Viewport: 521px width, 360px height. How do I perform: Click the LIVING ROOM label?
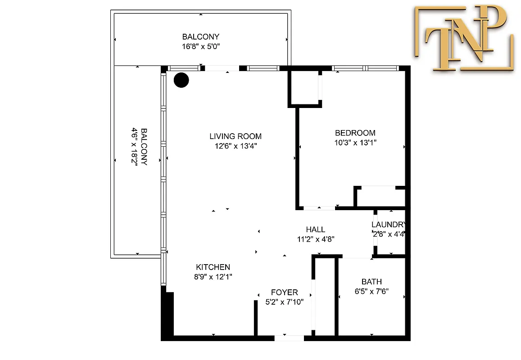pyautogui.click(x=235, y=136)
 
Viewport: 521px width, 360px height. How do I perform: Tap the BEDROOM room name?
pyautogui.click(x=355, y=133)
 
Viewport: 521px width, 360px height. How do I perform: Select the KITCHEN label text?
pyautogui.click(x=213, y=267)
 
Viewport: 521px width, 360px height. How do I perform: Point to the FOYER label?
pyautogui.click(x=284, y=292)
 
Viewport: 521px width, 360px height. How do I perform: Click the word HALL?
pyautogui.click(x=315, y=229)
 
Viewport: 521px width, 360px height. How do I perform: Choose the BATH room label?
pyautogui.click(x=371, y=282)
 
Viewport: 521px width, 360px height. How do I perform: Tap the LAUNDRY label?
pyautogui.click(x=389, y=225)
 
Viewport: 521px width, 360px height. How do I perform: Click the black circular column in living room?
pyautogui.click(x=181, y=80)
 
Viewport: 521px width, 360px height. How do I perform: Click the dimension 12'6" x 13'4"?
pyautogui.click(x=235, y=146)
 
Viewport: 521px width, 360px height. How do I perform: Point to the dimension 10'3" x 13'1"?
pyautogui.click(x=355, y=143)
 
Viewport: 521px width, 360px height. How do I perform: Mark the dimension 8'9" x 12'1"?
pyautogui.click(x=213, y=277)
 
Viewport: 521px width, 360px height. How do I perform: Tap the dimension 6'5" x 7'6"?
pyautogui.click(x=371, y=291)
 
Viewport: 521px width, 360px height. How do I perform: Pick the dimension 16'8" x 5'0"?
pyautogui.click(x=201, y=46)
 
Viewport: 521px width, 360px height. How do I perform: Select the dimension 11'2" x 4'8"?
pyautogui.click(x=315, y=239)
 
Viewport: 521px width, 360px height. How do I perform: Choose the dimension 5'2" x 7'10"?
pyautogui.click(x=284, y=302)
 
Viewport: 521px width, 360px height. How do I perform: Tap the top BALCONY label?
pyautogui.click(x=201, y=36)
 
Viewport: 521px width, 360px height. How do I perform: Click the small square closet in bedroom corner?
pyautogui.click(x=305, y=88)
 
